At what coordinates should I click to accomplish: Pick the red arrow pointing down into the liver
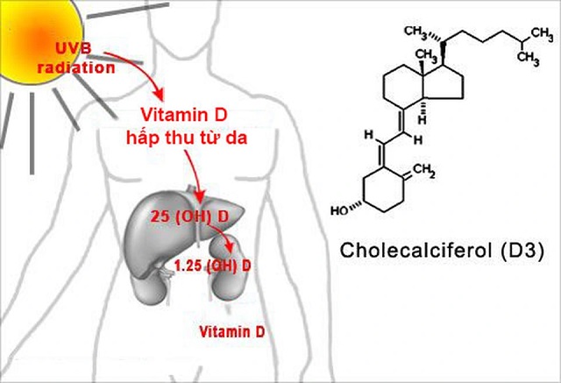tap(198, 175)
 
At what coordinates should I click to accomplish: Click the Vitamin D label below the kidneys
tap(231, 332)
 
